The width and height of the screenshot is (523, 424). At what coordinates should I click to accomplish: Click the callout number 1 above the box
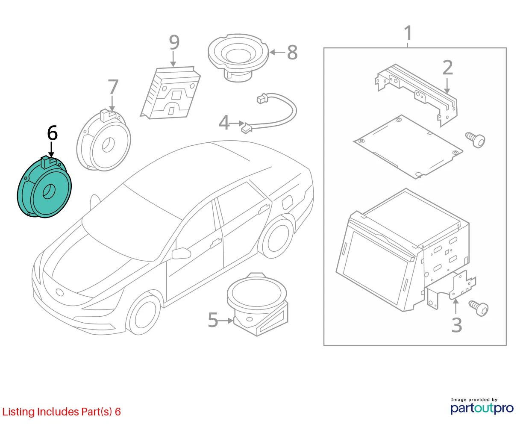tap(408, 33)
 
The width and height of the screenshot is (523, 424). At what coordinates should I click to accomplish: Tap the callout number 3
tap(457, 325)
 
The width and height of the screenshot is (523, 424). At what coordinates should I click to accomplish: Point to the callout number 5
tap(213, 320)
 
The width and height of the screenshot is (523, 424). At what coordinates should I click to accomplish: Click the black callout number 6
tap(52, 133)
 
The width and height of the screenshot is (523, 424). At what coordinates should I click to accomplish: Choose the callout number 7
tap(113, 87)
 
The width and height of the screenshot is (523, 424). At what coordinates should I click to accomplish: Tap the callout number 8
tap(292, 52)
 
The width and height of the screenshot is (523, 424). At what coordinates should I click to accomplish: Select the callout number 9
tap(174, 42)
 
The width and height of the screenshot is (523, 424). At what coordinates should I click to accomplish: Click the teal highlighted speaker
tap(44, 187)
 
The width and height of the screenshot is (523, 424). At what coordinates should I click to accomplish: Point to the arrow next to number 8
tap(277, 52)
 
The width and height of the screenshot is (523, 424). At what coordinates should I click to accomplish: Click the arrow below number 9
tap(173, 59)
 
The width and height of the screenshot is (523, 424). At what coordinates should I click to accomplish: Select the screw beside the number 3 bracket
tap(479, 308)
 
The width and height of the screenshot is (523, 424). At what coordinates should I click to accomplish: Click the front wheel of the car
tap(144, 315)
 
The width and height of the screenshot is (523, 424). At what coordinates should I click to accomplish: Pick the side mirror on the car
tap(181, 253)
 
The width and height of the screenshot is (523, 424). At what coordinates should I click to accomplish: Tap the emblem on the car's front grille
tap(60, 292)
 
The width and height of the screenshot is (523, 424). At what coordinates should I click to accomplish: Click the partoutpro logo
tap(482, 408)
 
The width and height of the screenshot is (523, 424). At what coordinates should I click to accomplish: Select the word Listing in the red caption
tap(18, 412)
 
